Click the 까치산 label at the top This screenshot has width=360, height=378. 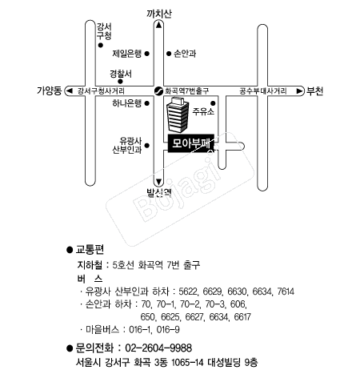(159, 14)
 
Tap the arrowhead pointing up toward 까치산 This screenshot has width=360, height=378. (159, 25)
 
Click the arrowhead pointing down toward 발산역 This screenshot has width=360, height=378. (159, 183)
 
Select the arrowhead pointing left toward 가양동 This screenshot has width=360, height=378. (70, 91)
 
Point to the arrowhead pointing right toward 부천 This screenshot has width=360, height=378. (299, 91)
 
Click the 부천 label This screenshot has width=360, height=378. (314, 91)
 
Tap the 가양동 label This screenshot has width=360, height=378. (50, 90)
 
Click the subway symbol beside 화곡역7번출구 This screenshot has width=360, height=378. (159, 91)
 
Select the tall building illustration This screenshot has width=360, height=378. (178, 115)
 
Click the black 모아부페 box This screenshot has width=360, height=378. (191, 143)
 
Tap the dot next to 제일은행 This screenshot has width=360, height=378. (146, 54)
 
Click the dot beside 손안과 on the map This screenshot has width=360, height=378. (169, 54)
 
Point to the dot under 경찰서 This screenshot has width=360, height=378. (121, 82)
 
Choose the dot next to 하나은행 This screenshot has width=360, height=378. (146, 103)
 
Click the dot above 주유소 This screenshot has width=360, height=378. (213, 103)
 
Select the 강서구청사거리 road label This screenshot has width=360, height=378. (101, 91)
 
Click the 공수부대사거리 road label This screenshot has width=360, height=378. (263, 91)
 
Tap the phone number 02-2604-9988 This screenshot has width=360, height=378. (158, 348)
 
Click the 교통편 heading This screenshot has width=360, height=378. (90, 249)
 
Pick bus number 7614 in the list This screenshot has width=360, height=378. (286, 292)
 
